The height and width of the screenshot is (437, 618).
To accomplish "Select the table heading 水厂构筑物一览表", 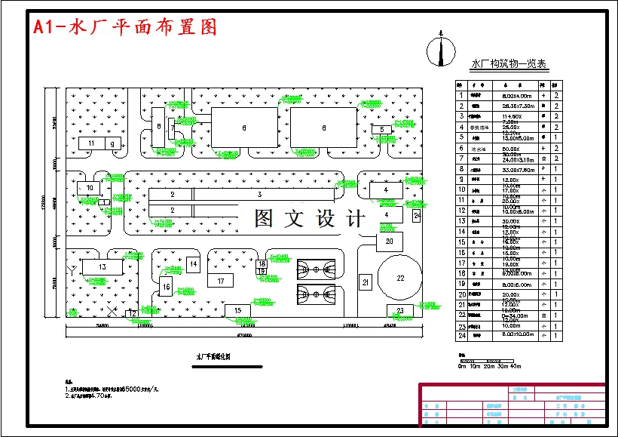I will coord(509,66).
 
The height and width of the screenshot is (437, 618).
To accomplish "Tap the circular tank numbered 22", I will coord(400,278).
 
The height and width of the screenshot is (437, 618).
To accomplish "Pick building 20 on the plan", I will coord(390,242).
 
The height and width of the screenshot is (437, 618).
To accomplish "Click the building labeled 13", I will coord(102,266).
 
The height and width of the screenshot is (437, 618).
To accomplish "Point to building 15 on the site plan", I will coord(237,310).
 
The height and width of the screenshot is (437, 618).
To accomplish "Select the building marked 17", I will coord(220,281).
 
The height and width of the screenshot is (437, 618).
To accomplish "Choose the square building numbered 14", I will coord(194,264).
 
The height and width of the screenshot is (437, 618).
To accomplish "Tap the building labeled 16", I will coord(166,287).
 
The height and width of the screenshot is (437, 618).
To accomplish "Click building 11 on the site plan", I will coord(91,143).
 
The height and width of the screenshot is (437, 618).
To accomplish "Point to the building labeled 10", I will coord(90,187).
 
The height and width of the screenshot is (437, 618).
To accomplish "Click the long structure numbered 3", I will coord(259,194).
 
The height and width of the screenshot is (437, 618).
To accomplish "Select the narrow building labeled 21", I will coord(366,283).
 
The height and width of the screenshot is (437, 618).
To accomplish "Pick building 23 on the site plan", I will coord(400,310).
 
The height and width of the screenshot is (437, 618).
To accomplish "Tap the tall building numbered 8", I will coord(159,129).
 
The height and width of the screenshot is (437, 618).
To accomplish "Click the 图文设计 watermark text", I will coord(309,219).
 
